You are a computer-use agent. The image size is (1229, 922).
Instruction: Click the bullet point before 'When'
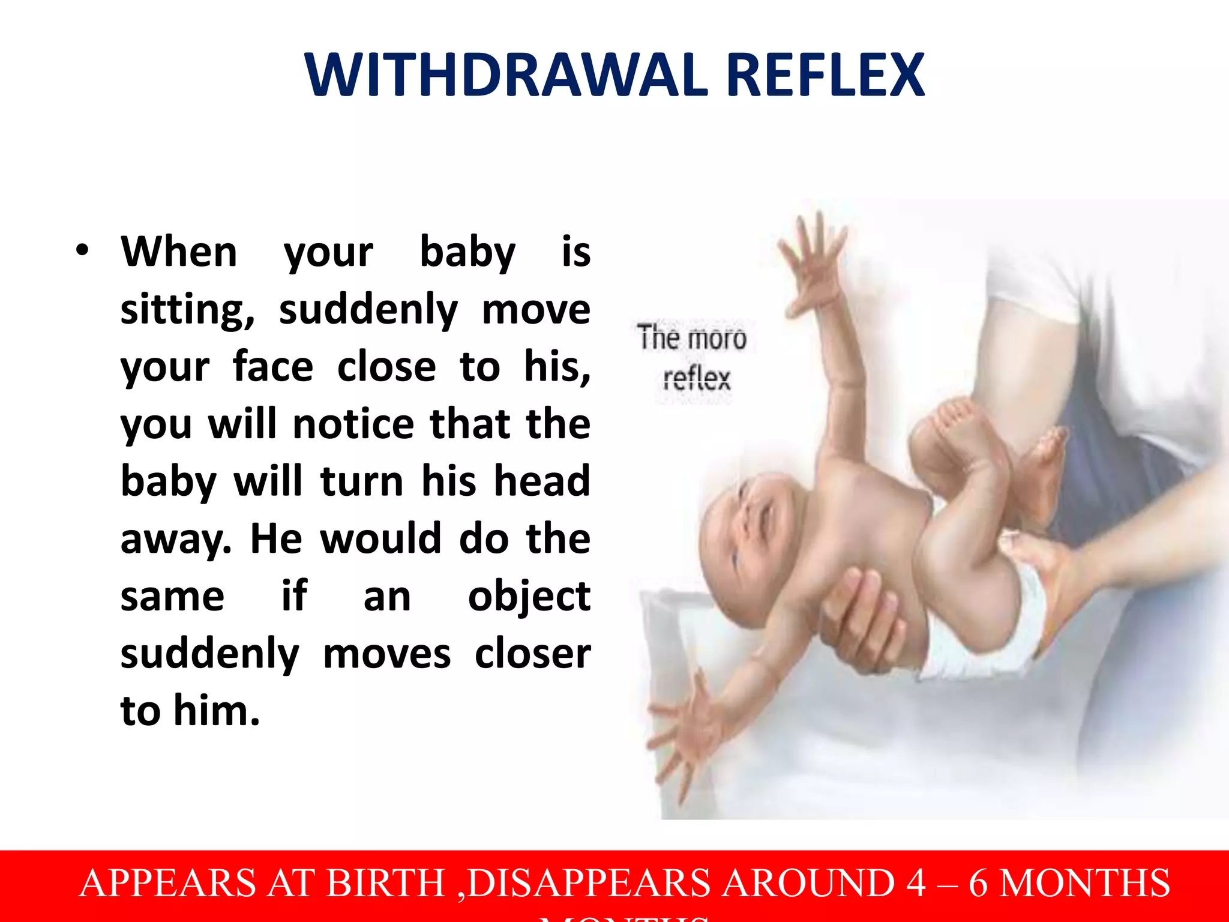click(83, 251)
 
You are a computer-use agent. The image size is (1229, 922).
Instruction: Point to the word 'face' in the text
click(273, 367)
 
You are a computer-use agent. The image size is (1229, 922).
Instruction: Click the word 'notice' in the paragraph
click(353, 424)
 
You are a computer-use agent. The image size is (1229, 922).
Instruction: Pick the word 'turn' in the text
click(362, 481)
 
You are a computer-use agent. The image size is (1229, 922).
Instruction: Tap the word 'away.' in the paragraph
click(176, 539)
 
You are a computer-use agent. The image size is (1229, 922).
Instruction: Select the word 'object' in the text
click(529, 597)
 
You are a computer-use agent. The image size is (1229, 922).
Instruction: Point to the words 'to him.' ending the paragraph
click(190, 711)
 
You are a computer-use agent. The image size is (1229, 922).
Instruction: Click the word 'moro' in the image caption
click(718, 339)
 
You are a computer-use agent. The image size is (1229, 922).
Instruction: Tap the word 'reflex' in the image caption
click(697, 379)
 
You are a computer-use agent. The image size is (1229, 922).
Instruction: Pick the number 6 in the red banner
click(978, 883)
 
